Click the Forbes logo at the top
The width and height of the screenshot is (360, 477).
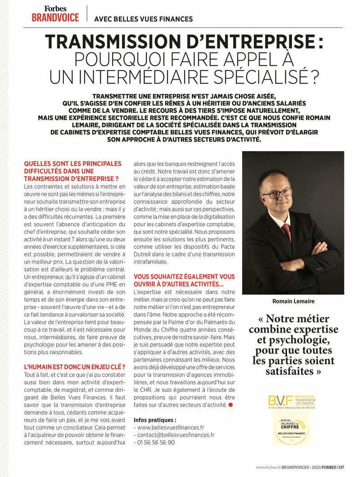(55, 8)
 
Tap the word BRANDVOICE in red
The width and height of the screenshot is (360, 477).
(55, 18)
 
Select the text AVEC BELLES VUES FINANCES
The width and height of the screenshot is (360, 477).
(143, 19)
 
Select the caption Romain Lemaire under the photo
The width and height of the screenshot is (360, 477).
(293, 301)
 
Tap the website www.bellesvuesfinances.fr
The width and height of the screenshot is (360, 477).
(171, 428)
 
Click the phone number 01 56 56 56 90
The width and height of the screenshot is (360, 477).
(157, 442)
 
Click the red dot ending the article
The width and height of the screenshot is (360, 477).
(230, 405)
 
